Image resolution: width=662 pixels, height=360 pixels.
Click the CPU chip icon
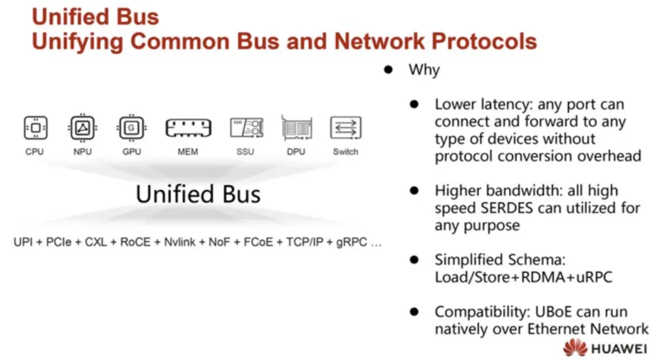click(x=36, y=127)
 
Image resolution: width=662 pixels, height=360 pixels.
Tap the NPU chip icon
click(x=83, y=127)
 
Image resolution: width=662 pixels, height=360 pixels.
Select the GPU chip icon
click(x=131, y=127)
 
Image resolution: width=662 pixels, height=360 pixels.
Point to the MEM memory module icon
click(x=188, y=128)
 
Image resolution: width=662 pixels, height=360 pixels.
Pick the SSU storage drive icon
click(x=246, y=127)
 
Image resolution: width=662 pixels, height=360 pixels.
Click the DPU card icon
click(x=297, y=127)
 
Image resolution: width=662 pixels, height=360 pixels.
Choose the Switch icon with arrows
click(x=346, y=127)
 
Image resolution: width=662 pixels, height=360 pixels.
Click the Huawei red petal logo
click(x=575, y=348)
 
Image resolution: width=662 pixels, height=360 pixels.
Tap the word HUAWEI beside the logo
click(x=619, y=349)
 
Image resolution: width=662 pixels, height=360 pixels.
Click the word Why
click(x=424, y=70)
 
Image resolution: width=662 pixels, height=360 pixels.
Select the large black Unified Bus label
click(x=198, y=194)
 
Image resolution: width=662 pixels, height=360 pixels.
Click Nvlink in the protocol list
click(x=179, y=242)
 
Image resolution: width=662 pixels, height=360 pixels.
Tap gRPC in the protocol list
click(x=351, y=243)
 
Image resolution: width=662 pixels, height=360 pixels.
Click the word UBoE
click(x=553, y=312)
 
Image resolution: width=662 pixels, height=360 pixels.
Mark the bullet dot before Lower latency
click(x=414, y=105)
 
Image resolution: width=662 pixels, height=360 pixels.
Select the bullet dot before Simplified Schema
click(x=414, y=260)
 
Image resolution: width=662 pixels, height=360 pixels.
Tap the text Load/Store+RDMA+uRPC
click(x=523, y=277)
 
